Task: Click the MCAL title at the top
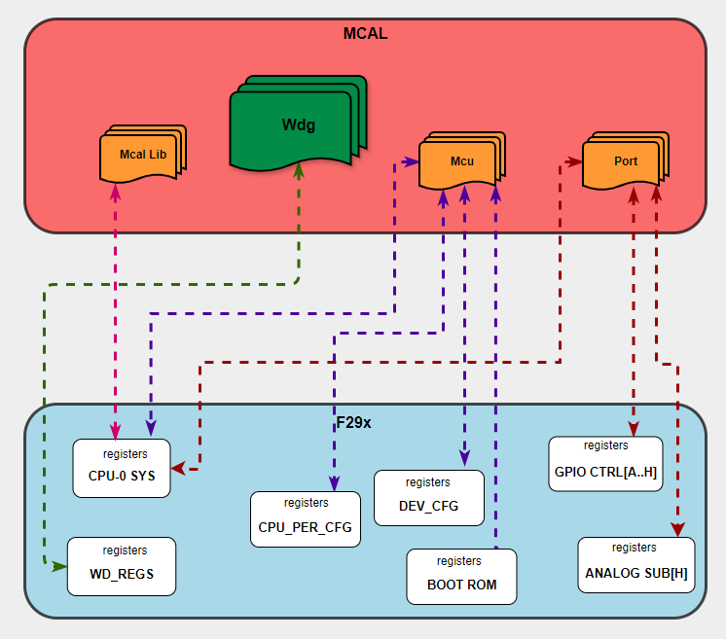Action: coord(365,34)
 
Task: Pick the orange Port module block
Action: coord(623,161)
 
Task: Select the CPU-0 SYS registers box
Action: coord(123,468)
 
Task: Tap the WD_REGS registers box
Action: coord(122,566)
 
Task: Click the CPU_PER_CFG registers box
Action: coord(306,519)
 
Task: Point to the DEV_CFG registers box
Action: coord(428,498)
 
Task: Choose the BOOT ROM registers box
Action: coord(461,577)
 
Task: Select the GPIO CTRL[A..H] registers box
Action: coord(605,464)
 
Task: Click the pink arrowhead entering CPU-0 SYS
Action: coord(116,431)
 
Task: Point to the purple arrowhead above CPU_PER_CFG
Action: coord(334,483)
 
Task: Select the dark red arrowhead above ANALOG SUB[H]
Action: coord(675,528)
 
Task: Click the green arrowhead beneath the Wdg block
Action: coord(299,170)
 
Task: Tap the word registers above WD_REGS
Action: coord(125,550)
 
